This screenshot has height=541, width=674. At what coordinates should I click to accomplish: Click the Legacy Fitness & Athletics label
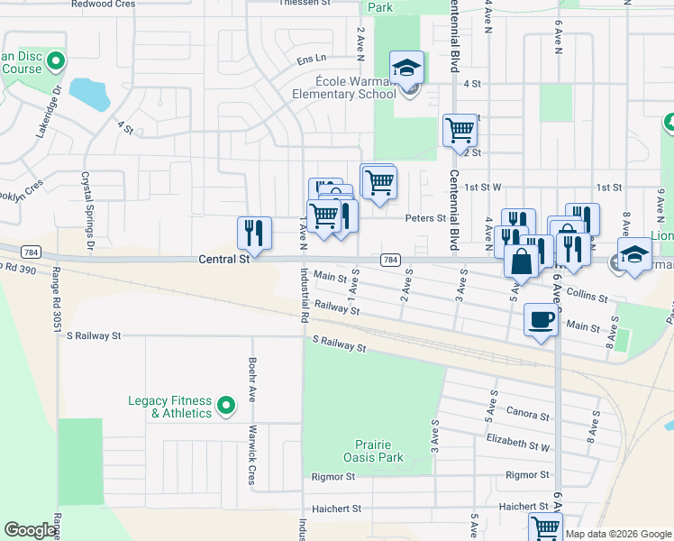tap(169, 408)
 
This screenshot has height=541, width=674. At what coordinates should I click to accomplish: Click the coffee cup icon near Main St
tap(541, 320)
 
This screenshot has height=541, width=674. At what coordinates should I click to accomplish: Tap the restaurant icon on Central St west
tap(254, 233)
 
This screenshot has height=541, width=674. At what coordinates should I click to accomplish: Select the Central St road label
tap(223, 260)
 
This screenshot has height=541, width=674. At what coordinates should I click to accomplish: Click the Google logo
tap(30, 530)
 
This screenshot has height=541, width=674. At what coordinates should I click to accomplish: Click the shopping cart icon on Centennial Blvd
tap(460, 130)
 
